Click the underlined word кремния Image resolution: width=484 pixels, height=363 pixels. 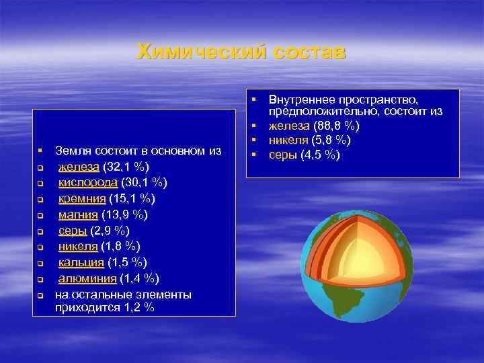[x=81, y=199]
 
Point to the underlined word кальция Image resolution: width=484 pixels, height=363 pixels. [x=81, y=262]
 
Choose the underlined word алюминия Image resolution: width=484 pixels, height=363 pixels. [x=85, y=278]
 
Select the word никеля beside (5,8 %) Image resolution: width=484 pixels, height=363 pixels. [x=287, y=140]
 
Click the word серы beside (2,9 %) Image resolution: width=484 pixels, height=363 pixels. [x=71, y=231]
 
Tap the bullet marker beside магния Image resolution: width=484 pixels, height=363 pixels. [x=40, y=215]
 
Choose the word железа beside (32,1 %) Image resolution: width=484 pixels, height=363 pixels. [x=78, y=167]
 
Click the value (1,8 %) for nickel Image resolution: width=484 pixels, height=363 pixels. [x=121, y=246]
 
